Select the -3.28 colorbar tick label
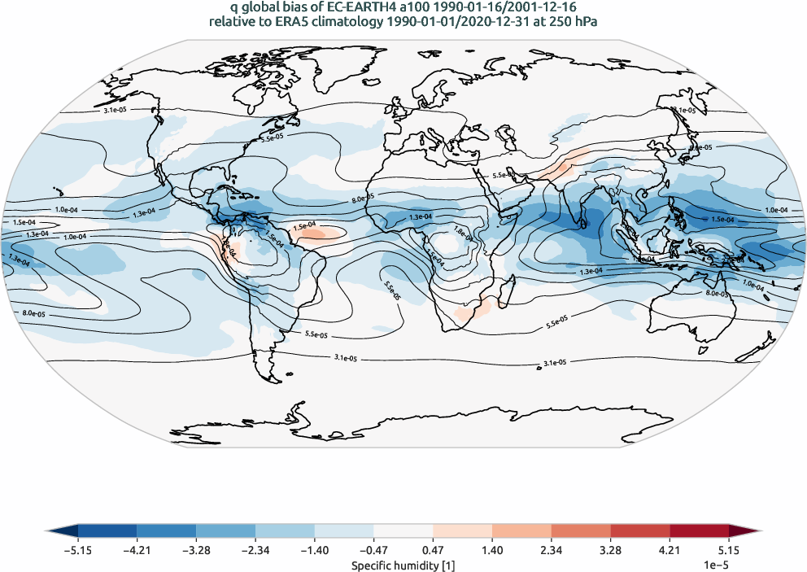click(196, 550)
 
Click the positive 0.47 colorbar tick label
click(434, 550)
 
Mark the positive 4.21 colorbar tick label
click(670, 550)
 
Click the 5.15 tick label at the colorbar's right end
click(729, 550)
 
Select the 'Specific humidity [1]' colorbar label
click(403, 564)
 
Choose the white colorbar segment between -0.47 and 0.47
click(403, 531)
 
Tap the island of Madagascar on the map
click(505, 292)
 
